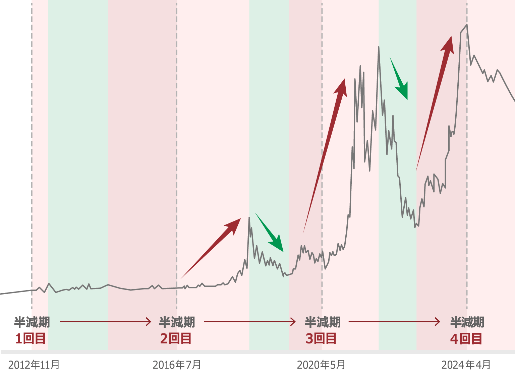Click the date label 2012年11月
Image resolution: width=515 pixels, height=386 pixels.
(x=34, y=365)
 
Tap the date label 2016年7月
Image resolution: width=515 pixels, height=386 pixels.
(x=177, y=365)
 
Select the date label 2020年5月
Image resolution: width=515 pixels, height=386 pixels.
(x=321, y=365)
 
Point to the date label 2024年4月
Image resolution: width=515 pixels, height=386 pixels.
(x=466, y=365)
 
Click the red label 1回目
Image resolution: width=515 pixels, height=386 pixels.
(x=31, y=339)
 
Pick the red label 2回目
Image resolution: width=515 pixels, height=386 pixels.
(x=176, y=339)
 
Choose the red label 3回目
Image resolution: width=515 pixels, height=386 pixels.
(x=321, y=339)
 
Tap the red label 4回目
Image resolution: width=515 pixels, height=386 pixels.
(x=466, y=339)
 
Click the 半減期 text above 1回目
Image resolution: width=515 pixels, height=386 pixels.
(x=32, y=322)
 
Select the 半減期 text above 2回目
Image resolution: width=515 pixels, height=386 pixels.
(x=177, y=322)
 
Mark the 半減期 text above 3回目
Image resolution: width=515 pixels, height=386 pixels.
(x=323, y=322)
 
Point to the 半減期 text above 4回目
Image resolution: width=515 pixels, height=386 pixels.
(x=467, y=322)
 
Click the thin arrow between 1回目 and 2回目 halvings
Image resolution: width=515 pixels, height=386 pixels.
(x=105, y=322)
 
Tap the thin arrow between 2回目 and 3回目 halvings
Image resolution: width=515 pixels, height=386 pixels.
(x=250, y=322)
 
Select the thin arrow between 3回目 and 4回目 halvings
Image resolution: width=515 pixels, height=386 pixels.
(x=394, y=322)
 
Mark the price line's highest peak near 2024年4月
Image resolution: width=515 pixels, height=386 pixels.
(x=466, y=25)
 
